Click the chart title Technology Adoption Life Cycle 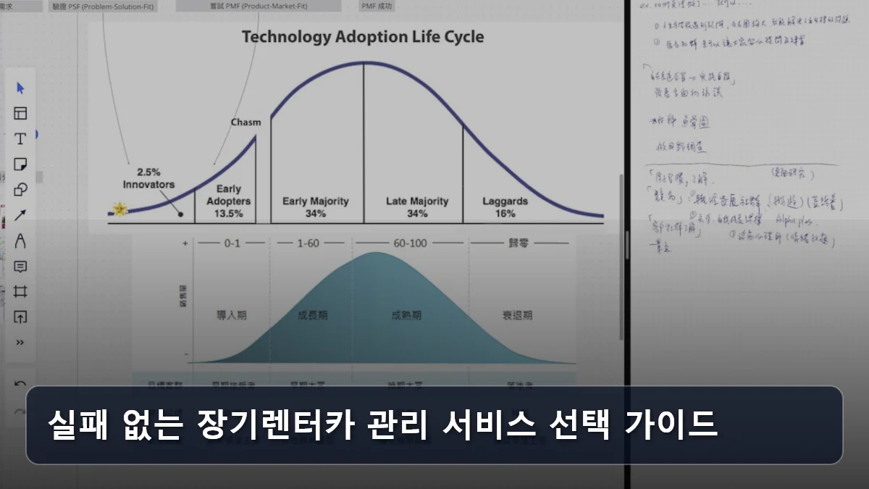tap(363, 37)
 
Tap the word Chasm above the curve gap tap(245, 122)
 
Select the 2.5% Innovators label tap(148, 178)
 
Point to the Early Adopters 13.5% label tap(229, 201)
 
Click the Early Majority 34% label tap(315, 207)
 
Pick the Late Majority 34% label tap(416, 207)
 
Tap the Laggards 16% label tap(505, 207)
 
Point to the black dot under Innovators tap(180, 214)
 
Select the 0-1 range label tap(232, 243)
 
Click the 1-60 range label tap(308, 243)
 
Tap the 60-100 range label tap(409, 243)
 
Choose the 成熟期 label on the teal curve tap(406, 315)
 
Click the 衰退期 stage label tap(517, 315)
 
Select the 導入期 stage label tap(232, 315)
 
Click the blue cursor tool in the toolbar tap(20, 88)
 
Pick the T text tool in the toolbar tap(20, 139)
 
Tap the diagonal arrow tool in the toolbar tap(20, 215)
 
